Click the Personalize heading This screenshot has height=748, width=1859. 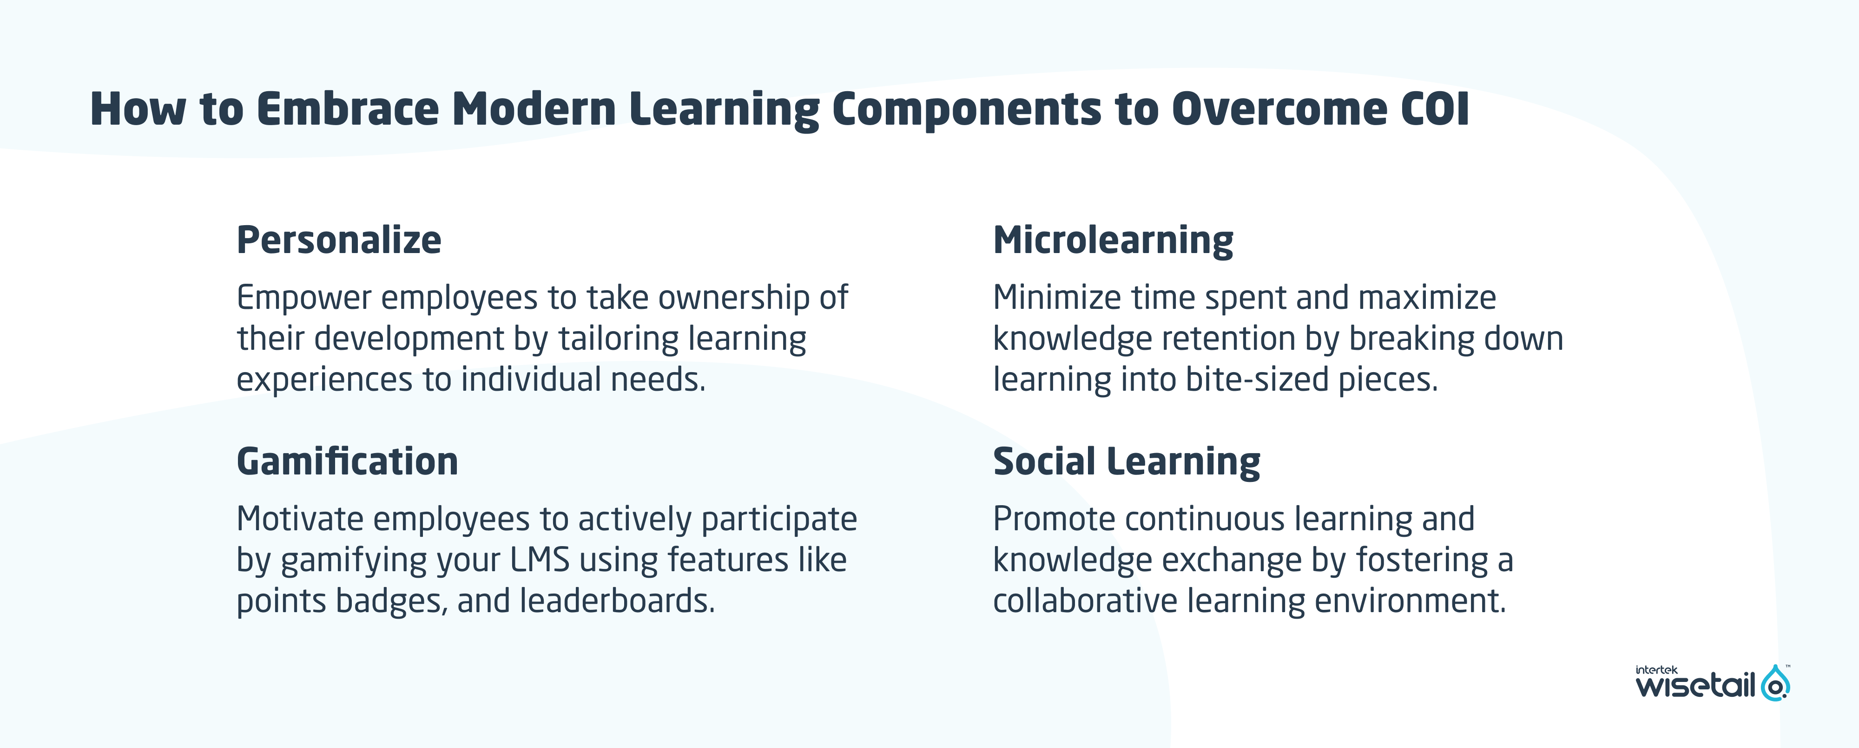338,240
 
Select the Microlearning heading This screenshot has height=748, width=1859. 1113,240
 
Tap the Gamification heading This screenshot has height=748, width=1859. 347,462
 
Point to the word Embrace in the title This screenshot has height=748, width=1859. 348,110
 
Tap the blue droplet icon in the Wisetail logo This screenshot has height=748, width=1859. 1775,683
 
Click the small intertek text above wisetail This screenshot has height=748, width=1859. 1656,670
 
